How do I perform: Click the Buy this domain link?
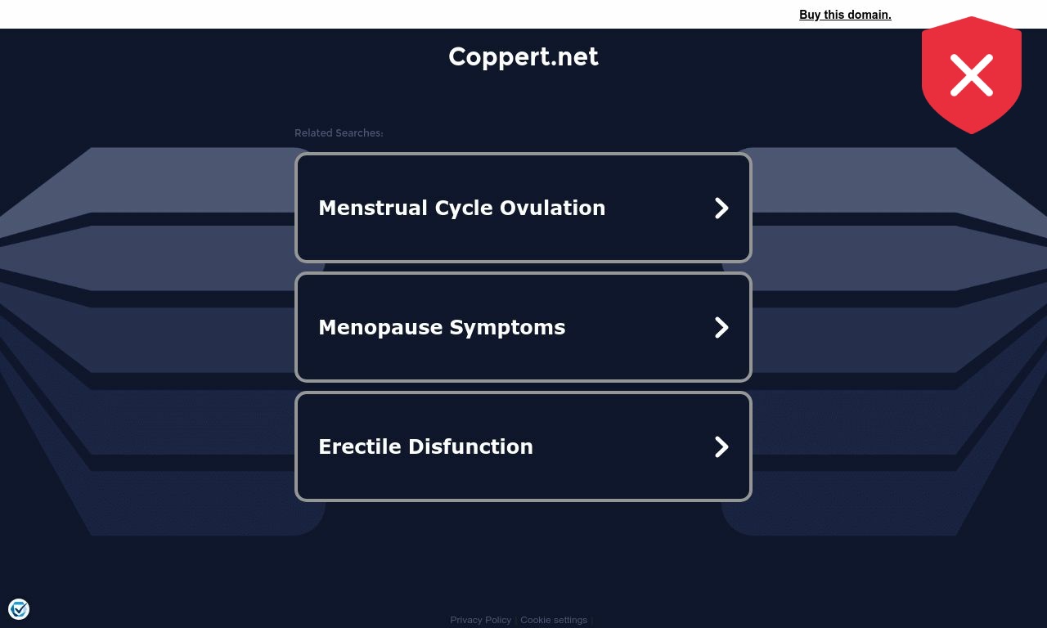[x=845, y=15]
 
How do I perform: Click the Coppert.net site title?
[x=523, y=57]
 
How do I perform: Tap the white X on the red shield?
[x=971, y=75]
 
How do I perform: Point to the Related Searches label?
[x=339, y=133]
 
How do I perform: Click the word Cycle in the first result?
[x=464, y=209]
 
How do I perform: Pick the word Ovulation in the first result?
[x=552, y=208]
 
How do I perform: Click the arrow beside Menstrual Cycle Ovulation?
[x=721, y=208]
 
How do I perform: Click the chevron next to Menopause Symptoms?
[x=721, y=327]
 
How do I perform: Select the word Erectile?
[x=360, y=446]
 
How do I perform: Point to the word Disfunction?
[x=470, y=446]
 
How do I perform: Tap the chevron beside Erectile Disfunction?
[x=721, y=446]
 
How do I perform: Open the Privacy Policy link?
[x=480, y=620]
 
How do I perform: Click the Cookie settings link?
[x=554, y=620]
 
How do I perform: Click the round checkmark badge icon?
[x=19, y=609]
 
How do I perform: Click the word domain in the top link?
[x=870, y=15]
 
